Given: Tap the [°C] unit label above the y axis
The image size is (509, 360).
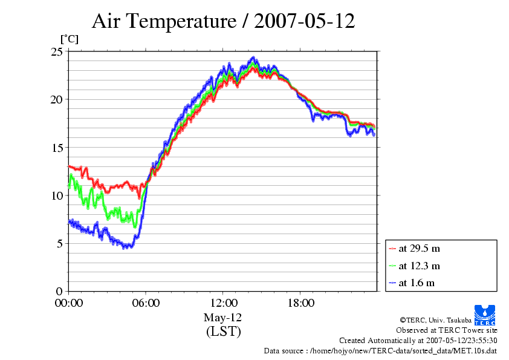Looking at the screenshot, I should coord(69,39).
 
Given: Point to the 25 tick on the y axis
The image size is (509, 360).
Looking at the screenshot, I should coord(56,52).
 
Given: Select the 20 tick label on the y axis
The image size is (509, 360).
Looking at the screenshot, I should coord(56,100).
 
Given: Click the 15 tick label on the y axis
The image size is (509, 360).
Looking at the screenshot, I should coord(56,148).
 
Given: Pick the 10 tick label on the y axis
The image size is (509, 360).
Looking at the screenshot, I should coord(56,195).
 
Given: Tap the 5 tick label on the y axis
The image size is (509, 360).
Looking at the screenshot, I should coord(59,243).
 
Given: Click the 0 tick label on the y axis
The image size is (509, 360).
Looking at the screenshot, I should coord(59,291).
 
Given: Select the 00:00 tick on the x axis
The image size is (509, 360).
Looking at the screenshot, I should coord(69,303).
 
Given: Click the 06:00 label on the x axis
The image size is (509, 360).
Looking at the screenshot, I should coord(146,303).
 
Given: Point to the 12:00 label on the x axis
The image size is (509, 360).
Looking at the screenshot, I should coord(223,303).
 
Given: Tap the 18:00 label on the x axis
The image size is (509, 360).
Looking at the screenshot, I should coord(300,303).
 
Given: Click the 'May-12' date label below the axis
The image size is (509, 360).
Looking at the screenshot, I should coord(223,318).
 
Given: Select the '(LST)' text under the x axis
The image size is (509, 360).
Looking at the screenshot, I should coord(223,332).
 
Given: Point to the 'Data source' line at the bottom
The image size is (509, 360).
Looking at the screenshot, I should coord(380,350).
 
